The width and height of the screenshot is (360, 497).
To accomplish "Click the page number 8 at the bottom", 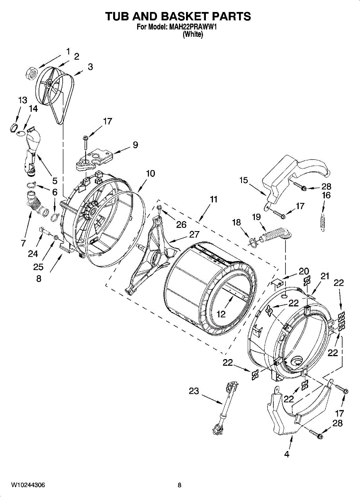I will coord(179,485).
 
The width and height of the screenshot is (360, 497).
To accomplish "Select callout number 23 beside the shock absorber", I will coord(194,391).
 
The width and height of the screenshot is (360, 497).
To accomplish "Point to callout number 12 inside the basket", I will coord(221,314).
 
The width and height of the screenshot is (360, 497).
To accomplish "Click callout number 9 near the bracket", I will coord(135,145).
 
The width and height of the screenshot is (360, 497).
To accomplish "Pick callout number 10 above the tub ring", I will coord(150,174).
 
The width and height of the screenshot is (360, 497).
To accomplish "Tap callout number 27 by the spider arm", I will coord(194,234).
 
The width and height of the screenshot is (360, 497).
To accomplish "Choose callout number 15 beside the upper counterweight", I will coord(244,180).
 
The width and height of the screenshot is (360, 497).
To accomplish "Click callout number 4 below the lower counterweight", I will coord(286,454).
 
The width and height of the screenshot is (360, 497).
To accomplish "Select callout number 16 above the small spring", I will coord(326,195).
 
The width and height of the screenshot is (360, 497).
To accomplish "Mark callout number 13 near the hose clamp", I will coord(22,100).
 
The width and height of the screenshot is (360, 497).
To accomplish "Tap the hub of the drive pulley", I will coord(49,84).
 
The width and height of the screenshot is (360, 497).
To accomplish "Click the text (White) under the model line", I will coord(193,35).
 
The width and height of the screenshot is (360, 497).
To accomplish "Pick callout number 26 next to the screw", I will coord(181,224).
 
